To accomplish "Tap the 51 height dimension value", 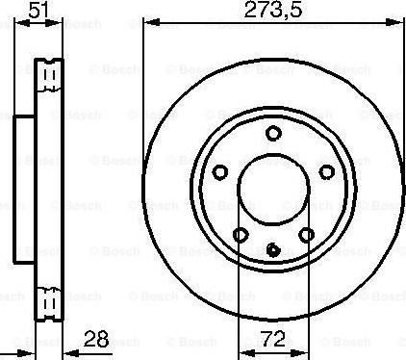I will point(38,12).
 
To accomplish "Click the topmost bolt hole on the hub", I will point(273,134).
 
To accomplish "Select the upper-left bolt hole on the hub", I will point(219,172).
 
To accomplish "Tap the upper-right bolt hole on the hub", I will point(327,172).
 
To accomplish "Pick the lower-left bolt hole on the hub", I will point(240,235).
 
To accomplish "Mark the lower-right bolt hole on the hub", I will point(307,235).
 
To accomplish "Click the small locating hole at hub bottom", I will point(273,249).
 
